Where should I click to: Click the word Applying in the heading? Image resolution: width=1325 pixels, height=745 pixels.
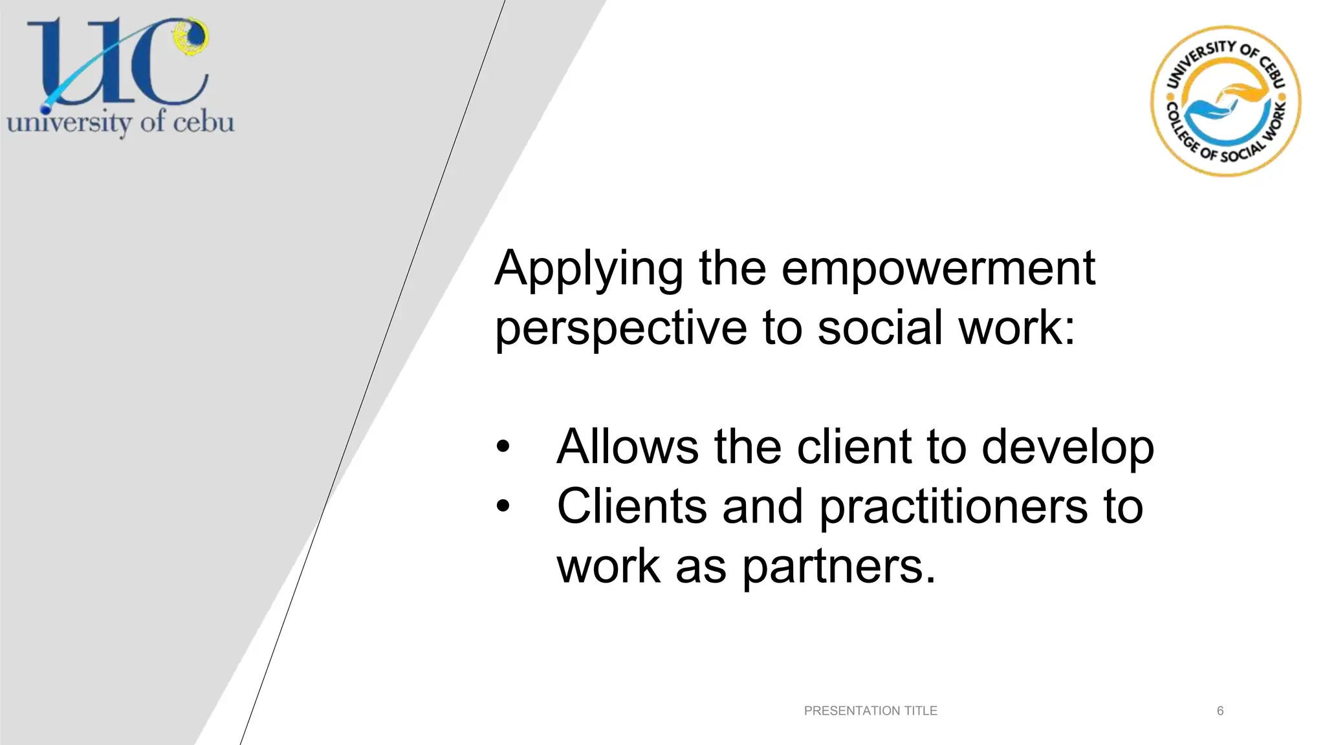point(588,268)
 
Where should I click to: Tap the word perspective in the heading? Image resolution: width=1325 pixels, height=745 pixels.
point(620,328)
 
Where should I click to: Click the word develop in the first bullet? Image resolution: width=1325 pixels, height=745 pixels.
point(1068,448)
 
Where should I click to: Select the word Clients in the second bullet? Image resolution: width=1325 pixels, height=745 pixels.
point(631,506)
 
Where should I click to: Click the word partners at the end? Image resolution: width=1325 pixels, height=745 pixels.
point(838,567)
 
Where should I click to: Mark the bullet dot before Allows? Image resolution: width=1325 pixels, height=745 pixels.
point(503,447)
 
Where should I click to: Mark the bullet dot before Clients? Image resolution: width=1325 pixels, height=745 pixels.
point(503,506)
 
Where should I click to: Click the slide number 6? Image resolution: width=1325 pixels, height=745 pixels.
point(1220,711)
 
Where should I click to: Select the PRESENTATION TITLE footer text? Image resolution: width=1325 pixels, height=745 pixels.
point(870,711)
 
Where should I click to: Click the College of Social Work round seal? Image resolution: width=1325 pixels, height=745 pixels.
point(1225,102)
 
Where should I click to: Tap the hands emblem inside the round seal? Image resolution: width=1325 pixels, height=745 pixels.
point(1225,103)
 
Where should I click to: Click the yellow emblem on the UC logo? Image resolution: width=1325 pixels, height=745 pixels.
point(192,36)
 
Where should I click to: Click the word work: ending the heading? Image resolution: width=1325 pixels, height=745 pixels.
point(1016,328)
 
